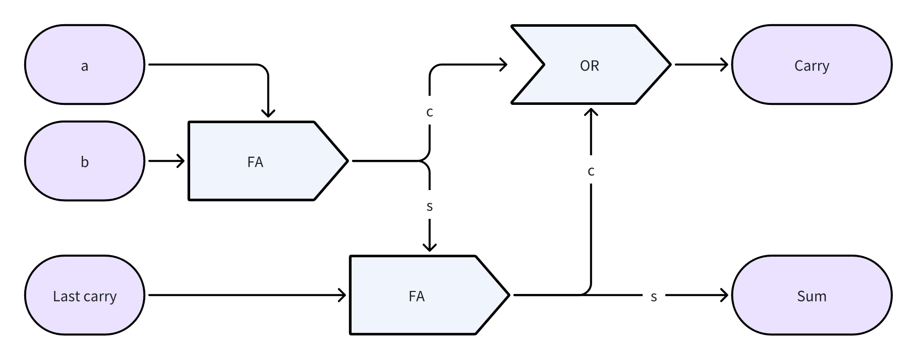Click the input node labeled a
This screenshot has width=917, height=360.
[84, 65]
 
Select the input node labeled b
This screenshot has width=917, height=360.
[84, 161]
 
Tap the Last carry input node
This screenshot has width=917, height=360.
[84, 295]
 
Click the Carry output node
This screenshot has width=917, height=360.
[811, 65]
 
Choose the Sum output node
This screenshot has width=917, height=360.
[811, 295]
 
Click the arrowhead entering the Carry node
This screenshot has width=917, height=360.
[724, 65]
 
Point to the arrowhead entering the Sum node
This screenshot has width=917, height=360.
[724, 295]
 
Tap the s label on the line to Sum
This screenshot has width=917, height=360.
[654, 296]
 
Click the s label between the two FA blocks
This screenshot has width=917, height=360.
[429, 206]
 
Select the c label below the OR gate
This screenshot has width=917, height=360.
[591, 171]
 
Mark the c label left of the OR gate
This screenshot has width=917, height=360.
[429, 112]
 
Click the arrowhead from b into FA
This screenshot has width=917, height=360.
[181, 161]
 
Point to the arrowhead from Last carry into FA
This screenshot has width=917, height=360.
[342, 295]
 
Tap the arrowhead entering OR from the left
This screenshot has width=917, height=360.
[503, 65]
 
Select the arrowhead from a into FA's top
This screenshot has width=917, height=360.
[268, 113]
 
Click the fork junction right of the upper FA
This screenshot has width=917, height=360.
[423, 161]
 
